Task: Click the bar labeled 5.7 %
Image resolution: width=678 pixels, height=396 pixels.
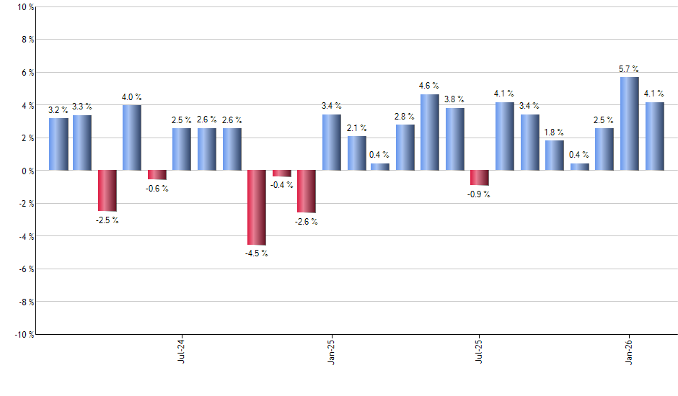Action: (629, 124)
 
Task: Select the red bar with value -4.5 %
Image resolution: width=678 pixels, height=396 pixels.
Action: (256, 207)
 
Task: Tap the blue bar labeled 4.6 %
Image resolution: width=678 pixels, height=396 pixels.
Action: (430, 132)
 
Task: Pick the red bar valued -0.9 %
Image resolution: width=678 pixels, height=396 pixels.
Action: (480, 178)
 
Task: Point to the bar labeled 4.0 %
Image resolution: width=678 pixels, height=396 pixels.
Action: (131, 138)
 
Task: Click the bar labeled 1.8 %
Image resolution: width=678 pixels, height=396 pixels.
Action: (554, 156)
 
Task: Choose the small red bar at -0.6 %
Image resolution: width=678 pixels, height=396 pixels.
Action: (157, 175)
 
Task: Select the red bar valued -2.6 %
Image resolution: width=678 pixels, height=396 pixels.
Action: (306, 192)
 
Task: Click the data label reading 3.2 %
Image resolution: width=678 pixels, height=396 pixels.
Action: (58, 110)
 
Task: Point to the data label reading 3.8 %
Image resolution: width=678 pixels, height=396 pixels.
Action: (454, 99)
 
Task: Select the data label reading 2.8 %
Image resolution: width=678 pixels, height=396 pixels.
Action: (405, 116)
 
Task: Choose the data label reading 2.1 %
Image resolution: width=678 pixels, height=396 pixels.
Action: (356, 127)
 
